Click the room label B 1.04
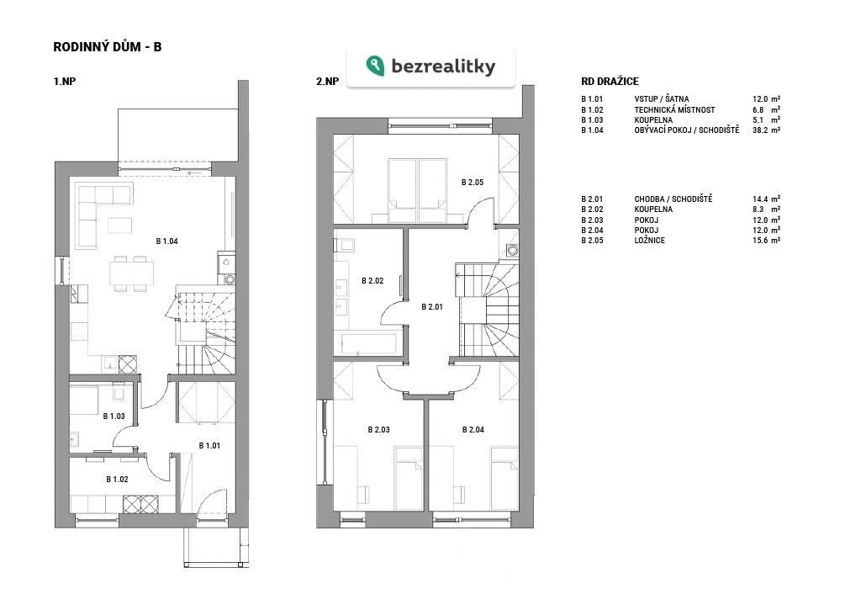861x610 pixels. click(x=167, y=241)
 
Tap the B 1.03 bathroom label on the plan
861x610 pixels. click(x=114, y=416)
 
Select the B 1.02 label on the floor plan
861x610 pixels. click(x=117, y=480)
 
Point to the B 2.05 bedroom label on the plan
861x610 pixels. click(x=473, y=182)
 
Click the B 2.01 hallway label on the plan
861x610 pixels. click(x=432, y=306)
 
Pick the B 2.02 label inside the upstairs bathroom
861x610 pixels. click(x=372, y=281)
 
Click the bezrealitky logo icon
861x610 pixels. click(x=376, y=66)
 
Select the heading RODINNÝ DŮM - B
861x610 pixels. click(x=108, y=47)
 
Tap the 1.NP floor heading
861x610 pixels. click(x=64, y=82)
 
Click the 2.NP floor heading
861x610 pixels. click(x=327, y=82)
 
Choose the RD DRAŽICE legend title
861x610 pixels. click(x=610, y=82)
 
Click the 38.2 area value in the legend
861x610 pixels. click(x=760, y=130)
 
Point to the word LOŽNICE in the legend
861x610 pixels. click(x=650, y=240)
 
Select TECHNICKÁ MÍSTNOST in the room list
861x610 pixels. click(x=675, y=110)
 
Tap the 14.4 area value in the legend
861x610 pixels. click(x=760, y=199)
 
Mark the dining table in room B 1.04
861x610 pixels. click(x=131, y=273)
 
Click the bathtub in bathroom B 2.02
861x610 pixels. click(x=368, y=343)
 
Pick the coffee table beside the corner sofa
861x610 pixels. click(x=119, y=225)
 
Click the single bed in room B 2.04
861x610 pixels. click(x=504, y=478)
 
